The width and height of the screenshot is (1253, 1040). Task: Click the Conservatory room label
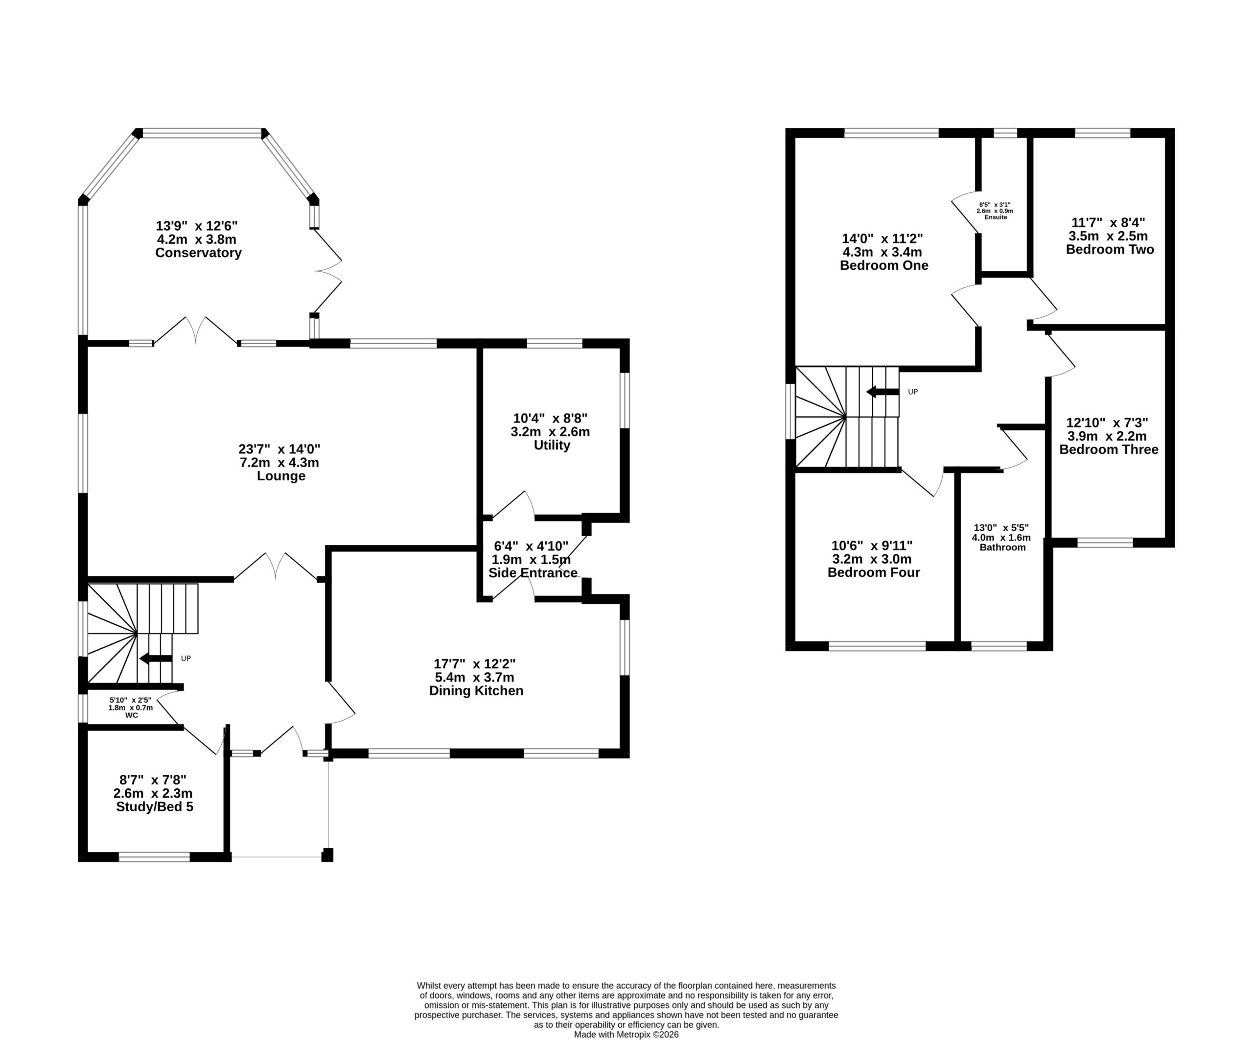click(x=198, y=253)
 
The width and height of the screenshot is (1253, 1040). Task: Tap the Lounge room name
click(x=281, y=476)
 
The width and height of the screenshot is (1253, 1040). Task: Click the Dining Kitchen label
click(x=476, y=691)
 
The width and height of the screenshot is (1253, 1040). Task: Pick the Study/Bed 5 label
click(x=155, y=806)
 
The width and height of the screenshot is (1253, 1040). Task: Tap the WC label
click(x=132, y=715)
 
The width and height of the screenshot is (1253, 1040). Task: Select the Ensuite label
click(x=996, y=217)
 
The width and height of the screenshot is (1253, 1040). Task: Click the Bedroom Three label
click(x=1109, y=449)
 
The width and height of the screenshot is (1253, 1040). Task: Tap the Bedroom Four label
click(x=874, y=572)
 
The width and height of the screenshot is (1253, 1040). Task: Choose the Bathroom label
click(x=1002, y=547)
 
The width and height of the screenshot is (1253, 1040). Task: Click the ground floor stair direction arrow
click(x=156, y=658)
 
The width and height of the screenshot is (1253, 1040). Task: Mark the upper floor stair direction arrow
click(x=882, y=392)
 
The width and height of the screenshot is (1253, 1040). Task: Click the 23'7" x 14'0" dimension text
click(x=280, y=449)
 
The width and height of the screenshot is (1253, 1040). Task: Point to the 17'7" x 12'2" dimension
click(x=474, y=663)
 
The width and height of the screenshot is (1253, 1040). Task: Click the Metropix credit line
click(x=626, y=1035)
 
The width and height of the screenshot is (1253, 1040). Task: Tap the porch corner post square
click(x=327, y=854)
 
